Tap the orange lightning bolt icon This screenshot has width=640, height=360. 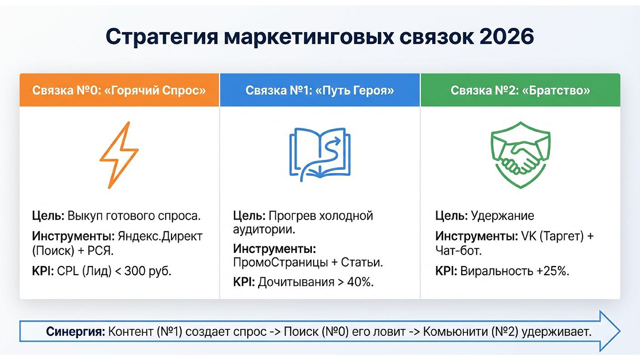point(119,155)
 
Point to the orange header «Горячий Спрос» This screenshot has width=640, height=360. point(119,91)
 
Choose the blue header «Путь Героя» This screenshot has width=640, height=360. point(319,91)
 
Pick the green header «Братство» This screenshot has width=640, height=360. point(520,91)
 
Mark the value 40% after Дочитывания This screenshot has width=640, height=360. point(360,282)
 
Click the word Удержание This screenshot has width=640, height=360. point(502,216)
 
